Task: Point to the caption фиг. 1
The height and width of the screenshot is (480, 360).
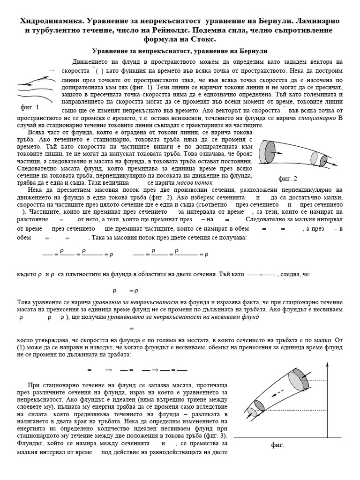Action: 30,107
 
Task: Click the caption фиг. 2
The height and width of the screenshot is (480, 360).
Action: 288,178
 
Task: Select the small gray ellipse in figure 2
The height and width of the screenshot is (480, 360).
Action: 323,160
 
